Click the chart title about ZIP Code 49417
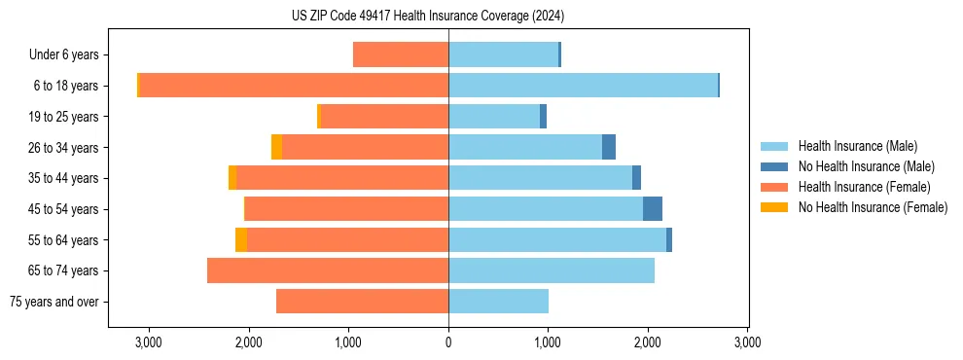(x=427, y=16)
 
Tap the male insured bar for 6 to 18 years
(x=583, y=86)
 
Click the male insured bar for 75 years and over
(x=498, y=302)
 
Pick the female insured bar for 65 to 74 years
(x=328, y=270)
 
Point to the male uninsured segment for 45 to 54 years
(x=653, y=209)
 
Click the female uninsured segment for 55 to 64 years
(x=241, y=240)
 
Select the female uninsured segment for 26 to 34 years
(x=276, y=147)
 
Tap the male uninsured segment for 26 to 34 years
(x=609, y=147)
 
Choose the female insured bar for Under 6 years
(x=401, y=54)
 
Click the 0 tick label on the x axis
(x=448, y=342)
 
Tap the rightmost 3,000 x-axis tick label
(x=747, y=342)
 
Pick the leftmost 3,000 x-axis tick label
(x=149, y=342)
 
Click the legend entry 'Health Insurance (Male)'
(x=857, y=146)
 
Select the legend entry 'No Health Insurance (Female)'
(x=872, y=207)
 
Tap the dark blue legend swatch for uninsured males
(x=774, y=166)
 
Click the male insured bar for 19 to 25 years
(x=494, y=117)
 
